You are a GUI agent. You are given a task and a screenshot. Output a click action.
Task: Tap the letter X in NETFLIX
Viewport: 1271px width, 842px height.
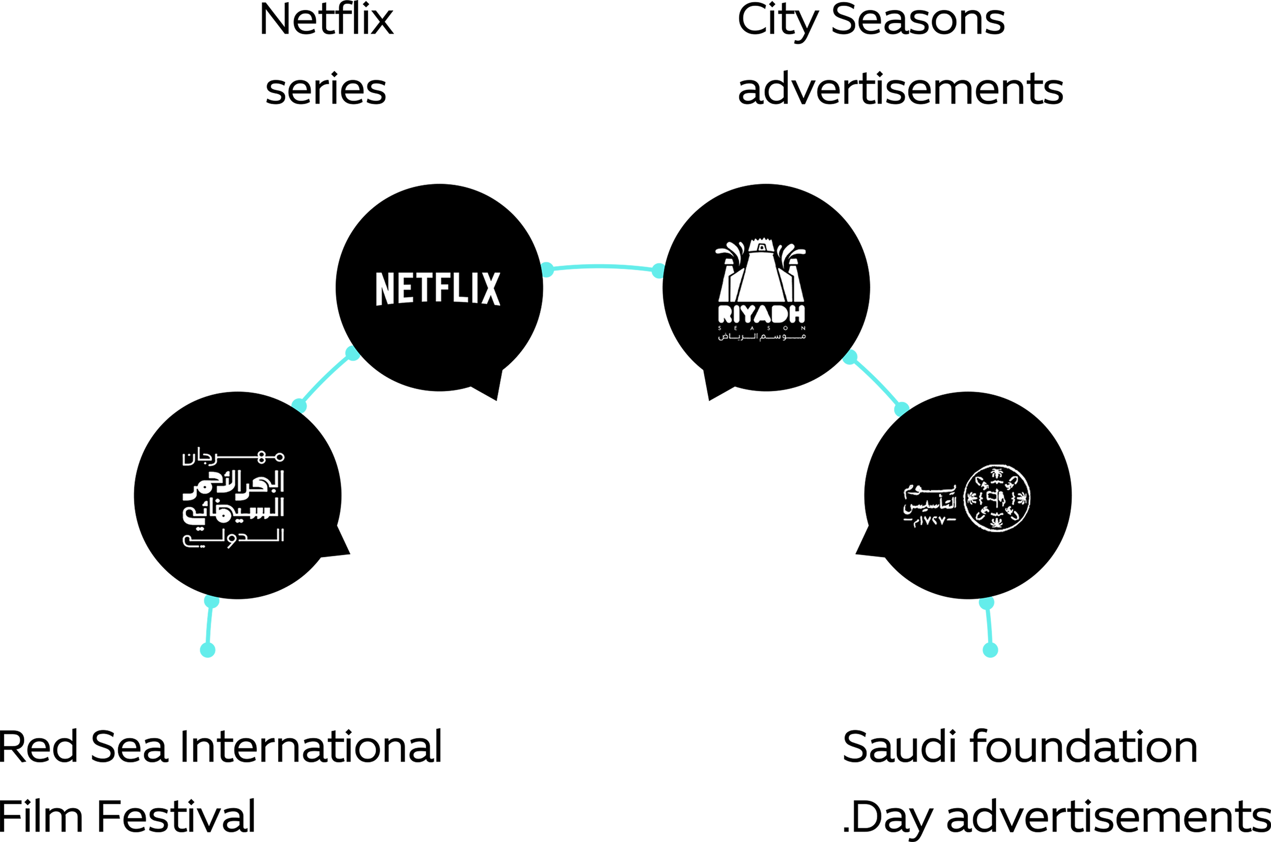[x=490, y=289]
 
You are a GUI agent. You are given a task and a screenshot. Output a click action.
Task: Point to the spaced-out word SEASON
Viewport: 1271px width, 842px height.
[x=761, y=328]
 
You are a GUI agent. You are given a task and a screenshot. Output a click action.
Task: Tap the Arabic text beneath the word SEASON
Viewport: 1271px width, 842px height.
[x=761, y=337]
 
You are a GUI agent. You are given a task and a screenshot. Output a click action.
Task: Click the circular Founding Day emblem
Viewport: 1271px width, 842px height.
[x=997, y=498]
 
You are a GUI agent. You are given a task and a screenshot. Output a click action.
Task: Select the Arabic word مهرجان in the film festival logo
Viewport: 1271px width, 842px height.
[x=233, y=457]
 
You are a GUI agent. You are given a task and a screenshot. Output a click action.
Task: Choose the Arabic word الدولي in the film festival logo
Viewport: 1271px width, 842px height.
[x=233, y=538]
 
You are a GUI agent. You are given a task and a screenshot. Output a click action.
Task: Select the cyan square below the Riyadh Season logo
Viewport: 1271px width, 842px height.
[x=876, y=382]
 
